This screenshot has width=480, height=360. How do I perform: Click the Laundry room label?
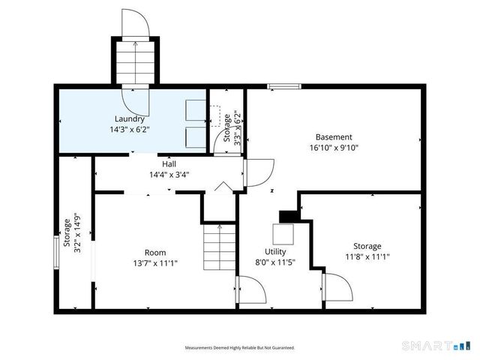click(130, 119)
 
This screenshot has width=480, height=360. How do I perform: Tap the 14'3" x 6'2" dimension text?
click(130, 130)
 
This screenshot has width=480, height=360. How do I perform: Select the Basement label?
click(334, 136)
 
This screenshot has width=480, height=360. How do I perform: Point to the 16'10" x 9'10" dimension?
click(334, 148)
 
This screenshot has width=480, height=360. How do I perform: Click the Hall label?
click(169, 164)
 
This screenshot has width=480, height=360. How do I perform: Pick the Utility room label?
click(275, 252)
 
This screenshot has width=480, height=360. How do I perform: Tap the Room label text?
click(155, 253)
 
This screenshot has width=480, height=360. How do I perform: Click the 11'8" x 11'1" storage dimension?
click(367, 256)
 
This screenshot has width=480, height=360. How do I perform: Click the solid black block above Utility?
click(288, 217)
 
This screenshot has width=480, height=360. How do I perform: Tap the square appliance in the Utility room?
click(283, 234)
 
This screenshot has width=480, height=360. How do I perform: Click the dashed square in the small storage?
click(215, 116)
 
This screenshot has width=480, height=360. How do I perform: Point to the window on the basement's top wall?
click(284, 87)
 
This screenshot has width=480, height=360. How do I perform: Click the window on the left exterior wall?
click(56, 252)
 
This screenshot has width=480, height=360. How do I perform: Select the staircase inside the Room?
click(220, 247)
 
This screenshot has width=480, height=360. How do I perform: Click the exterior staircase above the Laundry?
click(135, 62)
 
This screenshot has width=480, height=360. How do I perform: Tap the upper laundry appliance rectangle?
click(196, 110)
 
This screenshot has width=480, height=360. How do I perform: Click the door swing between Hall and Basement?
click(259, 172)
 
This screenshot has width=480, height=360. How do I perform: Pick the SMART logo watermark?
click(436, 346)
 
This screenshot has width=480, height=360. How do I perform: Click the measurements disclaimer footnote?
click(240, 348)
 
